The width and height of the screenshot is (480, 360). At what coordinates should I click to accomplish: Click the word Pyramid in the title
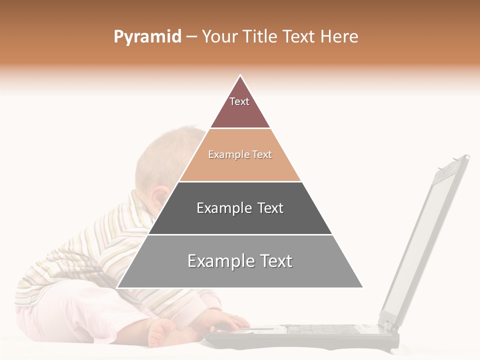tap(147, 37)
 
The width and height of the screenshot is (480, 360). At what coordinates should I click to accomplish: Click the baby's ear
tap(161, 196)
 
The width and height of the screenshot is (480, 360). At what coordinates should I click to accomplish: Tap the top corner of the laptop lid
tap(466, 157)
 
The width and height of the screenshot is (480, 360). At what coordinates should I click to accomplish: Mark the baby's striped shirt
tap(85, 260)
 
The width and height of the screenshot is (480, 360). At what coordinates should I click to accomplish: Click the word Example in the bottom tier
tap(216, 261)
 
